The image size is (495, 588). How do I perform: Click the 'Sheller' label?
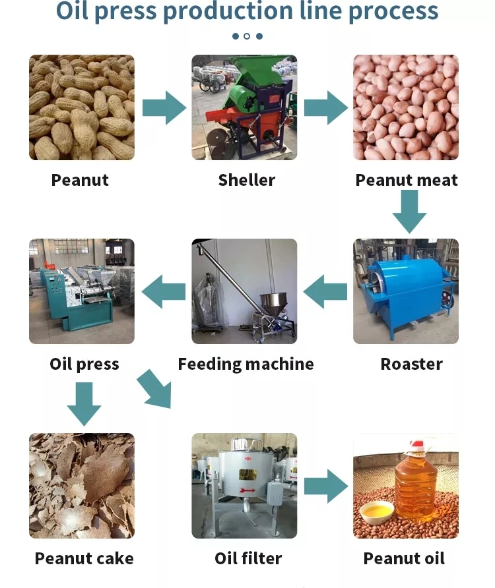coord(247,180)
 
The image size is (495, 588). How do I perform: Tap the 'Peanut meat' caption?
coord(407,180)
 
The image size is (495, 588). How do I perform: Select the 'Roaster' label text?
coord(411,364)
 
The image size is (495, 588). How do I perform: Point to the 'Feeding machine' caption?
coord(246,364)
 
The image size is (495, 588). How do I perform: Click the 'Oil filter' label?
coord(248,558)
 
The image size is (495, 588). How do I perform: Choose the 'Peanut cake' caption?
coord(84,558)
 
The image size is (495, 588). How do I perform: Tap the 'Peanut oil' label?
coord(404,558)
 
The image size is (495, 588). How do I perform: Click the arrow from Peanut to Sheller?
coord(164,107)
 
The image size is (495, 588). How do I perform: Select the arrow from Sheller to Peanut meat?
coord(326,107)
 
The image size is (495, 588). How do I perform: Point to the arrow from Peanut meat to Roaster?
coord(409,212)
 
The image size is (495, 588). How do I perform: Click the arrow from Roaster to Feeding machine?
coord(325,291)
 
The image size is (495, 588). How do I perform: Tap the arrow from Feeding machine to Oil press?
coord(164,291)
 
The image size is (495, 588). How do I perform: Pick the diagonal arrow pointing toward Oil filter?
coord(154,389)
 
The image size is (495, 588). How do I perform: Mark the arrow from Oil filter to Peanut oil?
coord(326,486)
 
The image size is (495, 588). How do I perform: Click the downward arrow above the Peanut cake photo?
coord(84,404)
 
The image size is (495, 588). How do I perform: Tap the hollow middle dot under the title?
coord(247,36)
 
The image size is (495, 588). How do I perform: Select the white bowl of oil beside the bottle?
coord(377,514)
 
